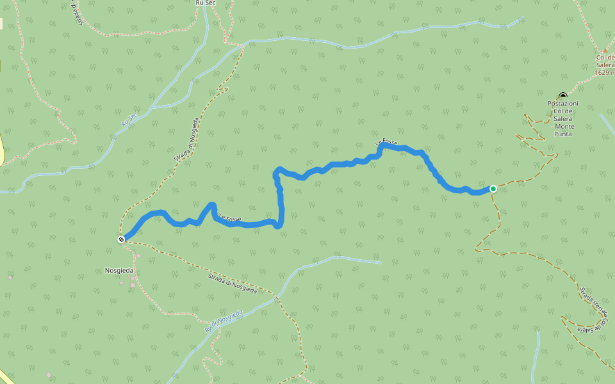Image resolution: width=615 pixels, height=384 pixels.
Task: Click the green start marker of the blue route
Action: [493, 188]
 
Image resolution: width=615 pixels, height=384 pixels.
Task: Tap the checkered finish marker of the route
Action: [121, 239]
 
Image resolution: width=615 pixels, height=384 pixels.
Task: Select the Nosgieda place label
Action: [119, 271]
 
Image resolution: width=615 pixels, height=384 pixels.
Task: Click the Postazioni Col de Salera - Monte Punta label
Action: [562, 118]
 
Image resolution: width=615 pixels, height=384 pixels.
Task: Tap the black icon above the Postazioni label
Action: [562, 96]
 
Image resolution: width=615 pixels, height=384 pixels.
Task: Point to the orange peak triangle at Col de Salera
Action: [605, 50]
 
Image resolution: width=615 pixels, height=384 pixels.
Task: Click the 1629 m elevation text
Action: [604, 72]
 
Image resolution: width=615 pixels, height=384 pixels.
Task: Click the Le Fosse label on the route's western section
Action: [229, 218]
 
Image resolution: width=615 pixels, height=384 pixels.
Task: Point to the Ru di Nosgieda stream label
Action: [224, 321]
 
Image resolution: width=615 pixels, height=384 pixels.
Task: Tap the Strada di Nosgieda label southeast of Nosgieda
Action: [232, 282]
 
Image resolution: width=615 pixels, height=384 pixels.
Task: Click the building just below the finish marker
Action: [138, 256]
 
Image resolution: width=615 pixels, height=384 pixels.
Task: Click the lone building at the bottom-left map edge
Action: [48, 374]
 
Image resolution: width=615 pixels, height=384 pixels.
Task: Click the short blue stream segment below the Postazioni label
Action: [607, 124]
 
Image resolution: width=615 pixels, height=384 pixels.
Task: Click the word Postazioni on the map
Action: [562, 104]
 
